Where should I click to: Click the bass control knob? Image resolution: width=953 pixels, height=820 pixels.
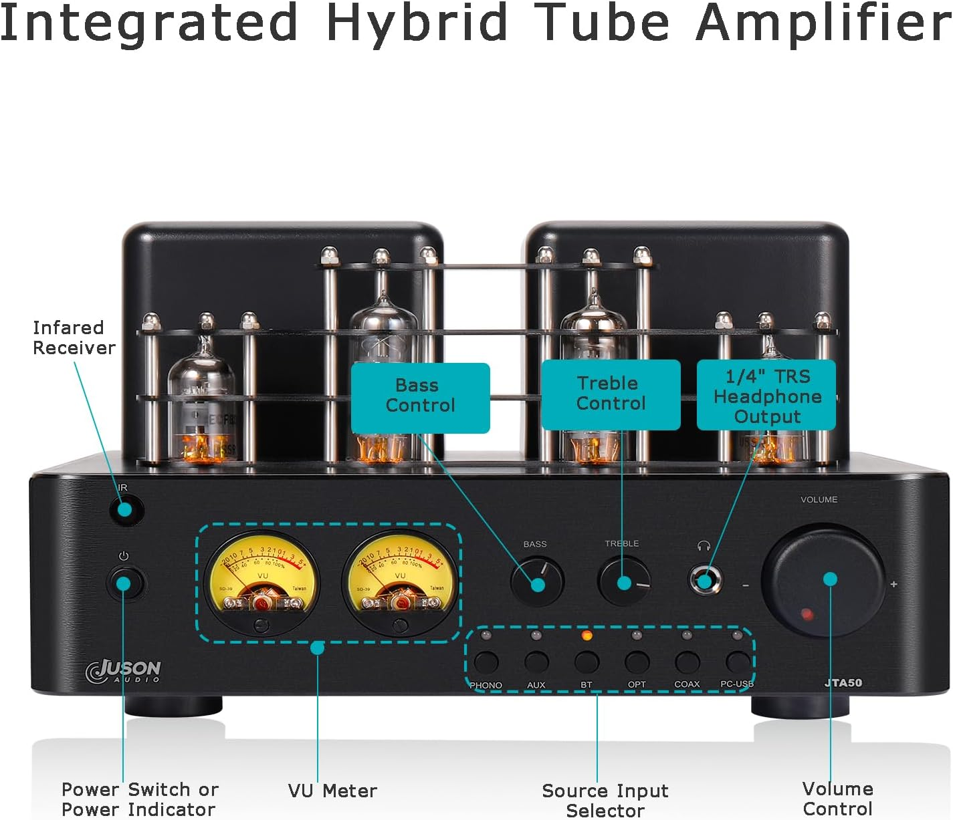click(x=537, y=582)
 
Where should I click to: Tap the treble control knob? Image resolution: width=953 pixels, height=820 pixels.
click(x=624, y=581)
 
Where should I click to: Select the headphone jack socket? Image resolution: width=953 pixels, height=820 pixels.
click(x=705, y=579)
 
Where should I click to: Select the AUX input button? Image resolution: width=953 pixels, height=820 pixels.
click(x=536, y=662)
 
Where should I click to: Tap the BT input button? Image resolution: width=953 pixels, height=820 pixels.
click(x=587, y=662)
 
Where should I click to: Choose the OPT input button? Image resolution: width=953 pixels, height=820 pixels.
click(x=637, y=662)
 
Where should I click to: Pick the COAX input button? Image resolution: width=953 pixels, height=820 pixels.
click(x=687, y=662)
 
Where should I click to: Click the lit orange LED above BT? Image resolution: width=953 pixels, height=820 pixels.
click(x=587, y=635)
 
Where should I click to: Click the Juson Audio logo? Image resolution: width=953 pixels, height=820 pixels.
click(x=124, y=671)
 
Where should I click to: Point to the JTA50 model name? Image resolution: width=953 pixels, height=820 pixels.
click(x=843, y=682)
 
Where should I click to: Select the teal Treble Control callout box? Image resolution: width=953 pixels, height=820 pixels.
click(x=611, y=394)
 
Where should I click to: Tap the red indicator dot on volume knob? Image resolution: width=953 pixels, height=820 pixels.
click(x=807, y=613)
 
